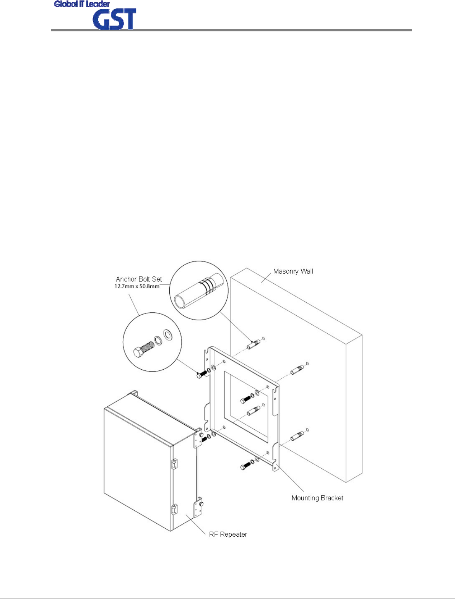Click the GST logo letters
(114, 20)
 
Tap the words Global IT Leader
(82, 4)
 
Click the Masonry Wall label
(293, 271)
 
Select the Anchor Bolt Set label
(139, 279)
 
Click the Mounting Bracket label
(317, 498)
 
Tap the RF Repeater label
(228, 534)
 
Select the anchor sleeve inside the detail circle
(198, 291)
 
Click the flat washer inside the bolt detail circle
(168, 334)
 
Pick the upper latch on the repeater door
(174, 464)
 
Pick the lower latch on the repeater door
(174, 509)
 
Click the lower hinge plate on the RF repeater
(198, 508)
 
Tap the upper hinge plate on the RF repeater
(199, 439)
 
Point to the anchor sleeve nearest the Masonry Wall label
(253, 344)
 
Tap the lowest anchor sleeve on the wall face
(297, 436)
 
